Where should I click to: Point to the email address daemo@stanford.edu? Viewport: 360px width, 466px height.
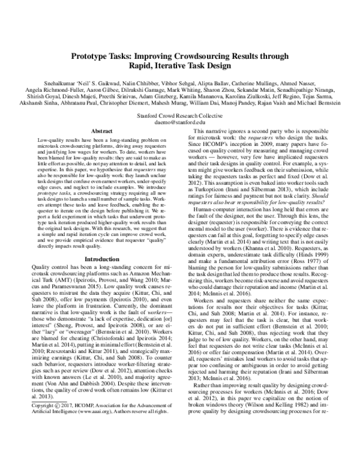point(180,121)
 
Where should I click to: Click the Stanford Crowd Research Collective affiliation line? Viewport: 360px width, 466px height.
point(180,113)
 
